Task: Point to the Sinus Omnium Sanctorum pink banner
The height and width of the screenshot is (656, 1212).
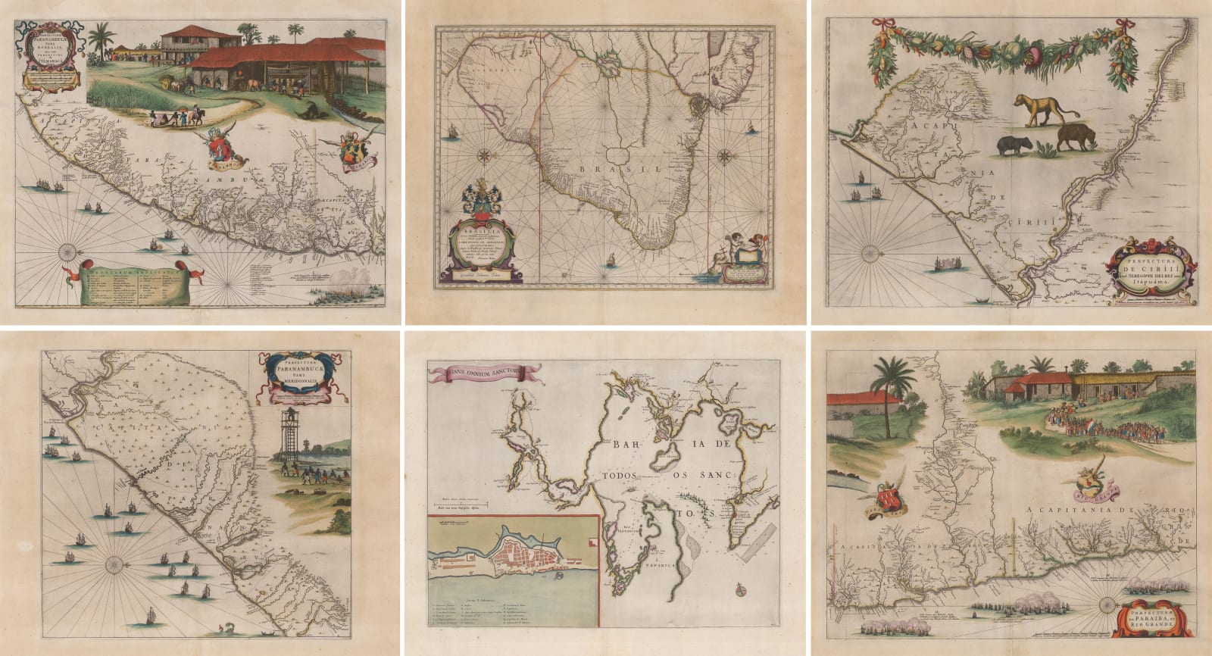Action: [485, 371]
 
